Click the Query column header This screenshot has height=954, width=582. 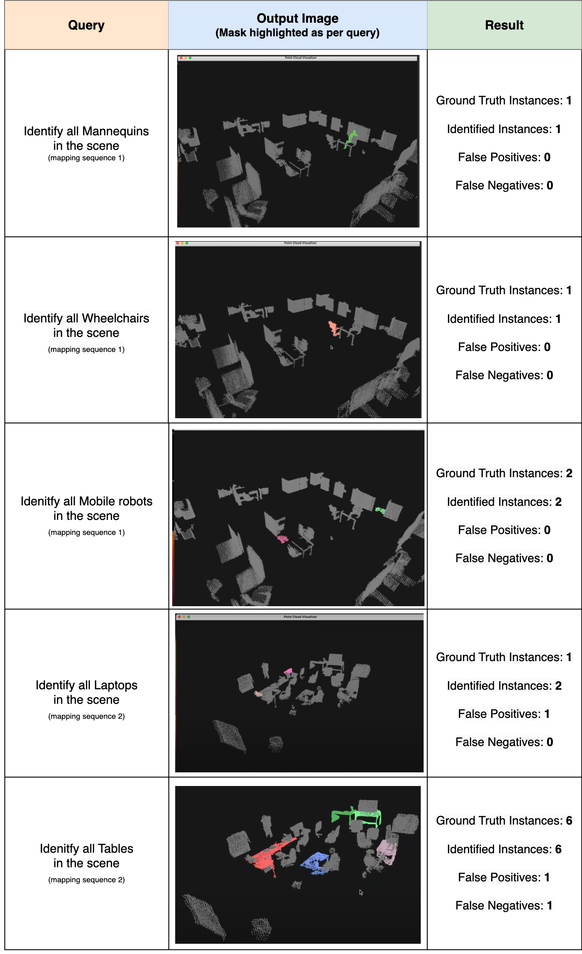coord(86,25)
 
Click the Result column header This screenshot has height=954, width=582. coord(504,25)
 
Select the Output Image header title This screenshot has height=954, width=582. coord(298,18)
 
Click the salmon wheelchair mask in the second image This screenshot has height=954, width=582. coord(334,328)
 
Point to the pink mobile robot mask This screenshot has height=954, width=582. coord(283,539)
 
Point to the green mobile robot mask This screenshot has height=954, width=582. coord(380,511)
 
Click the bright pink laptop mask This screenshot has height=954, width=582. coord(288,671)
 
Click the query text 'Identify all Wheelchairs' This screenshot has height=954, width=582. coord(86,318)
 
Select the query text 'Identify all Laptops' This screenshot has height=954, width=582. coord(86,685)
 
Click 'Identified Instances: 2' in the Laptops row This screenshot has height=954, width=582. coord(504,686)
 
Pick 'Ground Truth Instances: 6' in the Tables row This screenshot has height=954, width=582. coord(504,821)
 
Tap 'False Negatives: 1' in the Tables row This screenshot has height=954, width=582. coord(504,905)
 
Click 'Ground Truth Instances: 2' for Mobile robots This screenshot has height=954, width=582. coord(504,473)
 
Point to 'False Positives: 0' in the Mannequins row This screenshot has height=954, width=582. coord(504,157)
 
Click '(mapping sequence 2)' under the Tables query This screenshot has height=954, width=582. coord(86,880)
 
